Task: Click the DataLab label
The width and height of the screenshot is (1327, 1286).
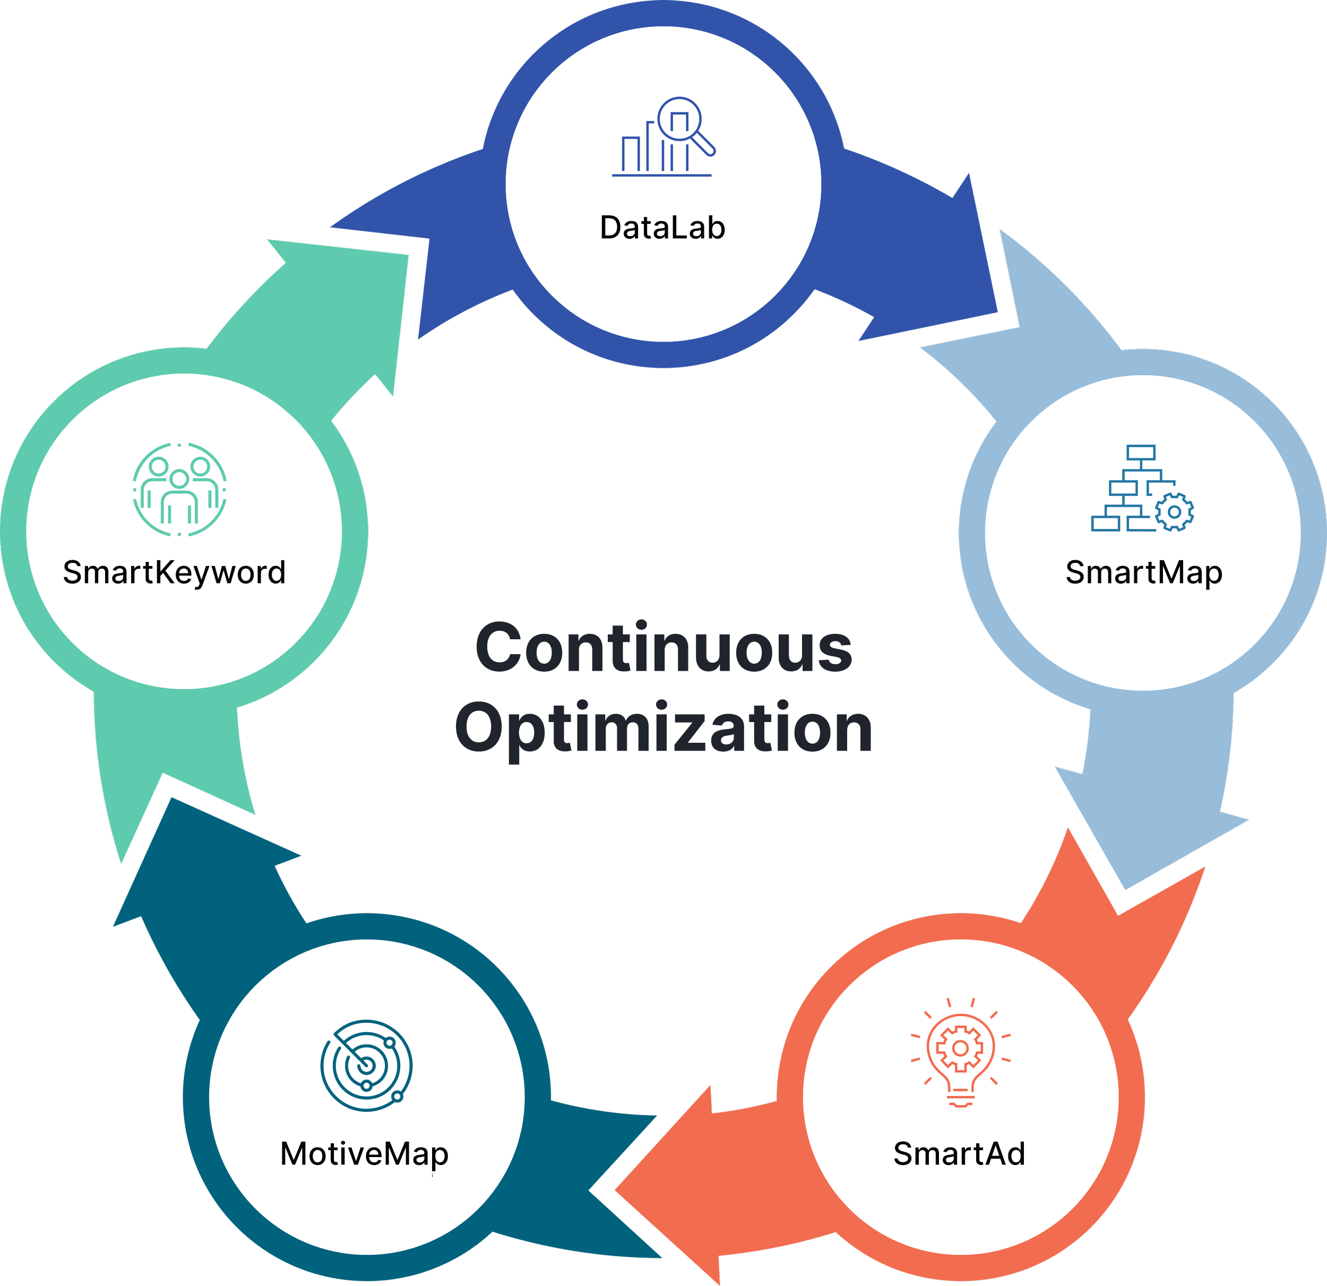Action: point(662,228)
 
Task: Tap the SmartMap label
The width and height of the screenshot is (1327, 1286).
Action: point(1143,572)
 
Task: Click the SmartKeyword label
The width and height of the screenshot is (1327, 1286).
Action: point(174,572)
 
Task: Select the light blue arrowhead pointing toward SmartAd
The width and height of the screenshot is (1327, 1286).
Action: point(1151,832)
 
